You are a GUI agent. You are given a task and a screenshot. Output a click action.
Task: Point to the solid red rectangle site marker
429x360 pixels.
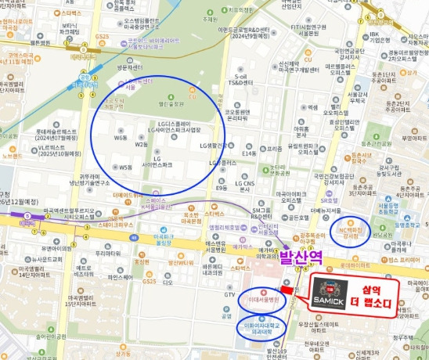coord(287,289)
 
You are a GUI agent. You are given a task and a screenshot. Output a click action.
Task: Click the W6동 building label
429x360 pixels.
coord(121,137)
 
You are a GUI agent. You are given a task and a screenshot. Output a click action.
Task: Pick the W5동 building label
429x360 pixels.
coord(125,166)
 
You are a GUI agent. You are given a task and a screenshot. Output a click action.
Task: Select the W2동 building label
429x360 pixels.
coord(141,144)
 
